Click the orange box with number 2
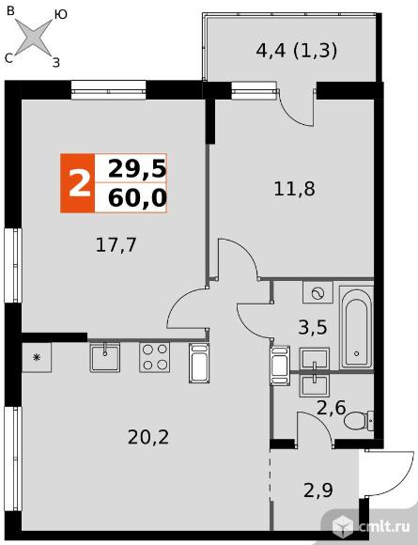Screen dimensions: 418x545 77,183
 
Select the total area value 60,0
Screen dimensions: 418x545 137,198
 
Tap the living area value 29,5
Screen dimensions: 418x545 137,169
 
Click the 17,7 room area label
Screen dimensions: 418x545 116,246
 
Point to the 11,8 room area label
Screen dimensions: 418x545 294,190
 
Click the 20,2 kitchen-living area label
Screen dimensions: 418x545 148,438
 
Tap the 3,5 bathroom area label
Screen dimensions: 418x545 313,327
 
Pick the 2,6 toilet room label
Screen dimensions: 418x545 331,408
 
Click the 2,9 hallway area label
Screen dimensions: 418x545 318,490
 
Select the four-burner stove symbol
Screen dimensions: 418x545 155,357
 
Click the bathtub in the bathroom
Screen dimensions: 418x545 356,327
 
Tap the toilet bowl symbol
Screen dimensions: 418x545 359,420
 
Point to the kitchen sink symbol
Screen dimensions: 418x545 104,357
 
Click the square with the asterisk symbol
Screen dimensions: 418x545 37,357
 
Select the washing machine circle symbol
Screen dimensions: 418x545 317,294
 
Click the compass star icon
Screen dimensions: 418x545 34,38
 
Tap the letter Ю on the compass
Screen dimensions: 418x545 60,15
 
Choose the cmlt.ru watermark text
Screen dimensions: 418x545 384,527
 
